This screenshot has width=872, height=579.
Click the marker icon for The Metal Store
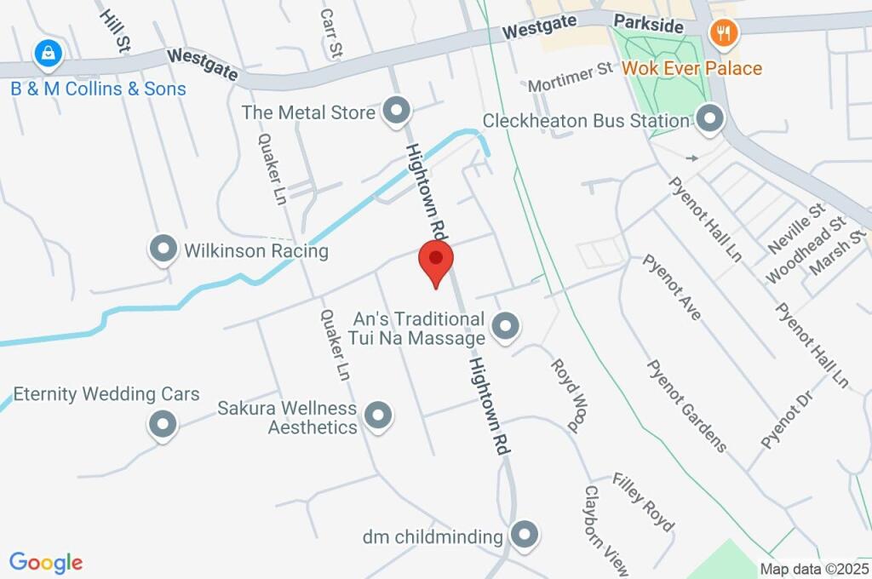click(396, 111)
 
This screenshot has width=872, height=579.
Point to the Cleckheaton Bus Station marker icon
click(708, 118)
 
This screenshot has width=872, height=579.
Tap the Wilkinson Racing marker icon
click(162, 250)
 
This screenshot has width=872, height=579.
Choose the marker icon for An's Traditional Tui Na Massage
click(506, 326)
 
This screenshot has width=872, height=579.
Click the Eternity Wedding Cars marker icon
click(162, 423)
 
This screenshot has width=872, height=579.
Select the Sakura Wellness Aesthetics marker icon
click(378, 416)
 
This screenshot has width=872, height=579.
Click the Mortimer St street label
click(570, 77)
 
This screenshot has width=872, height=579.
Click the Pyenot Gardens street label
click(687, 405)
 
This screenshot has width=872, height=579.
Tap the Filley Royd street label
click(642, 502)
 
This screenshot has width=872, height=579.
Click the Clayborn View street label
click(605, 530)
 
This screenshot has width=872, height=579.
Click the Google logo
click(46, 562)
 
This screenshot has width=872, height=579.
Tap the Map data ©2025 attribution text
click(814, 569)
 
